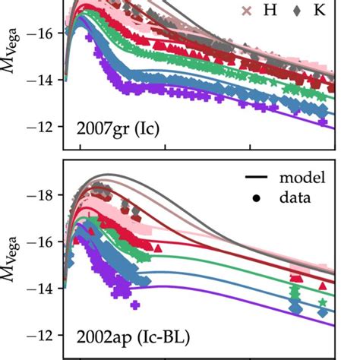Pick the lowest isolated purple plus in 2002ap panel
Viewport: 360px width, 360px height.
134,305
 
